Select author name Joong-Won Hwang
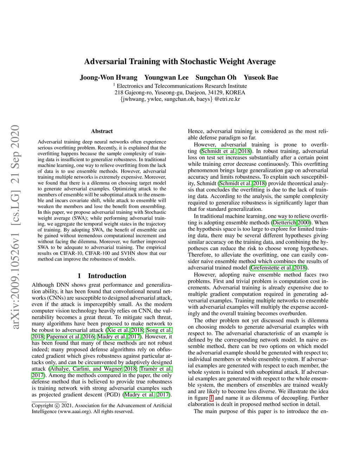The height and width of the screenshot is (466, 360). [108, 77]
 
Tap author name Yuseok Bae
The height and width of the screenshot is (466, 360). [261, 77]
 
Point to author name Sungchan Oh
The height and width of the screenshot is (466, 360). [216, 77]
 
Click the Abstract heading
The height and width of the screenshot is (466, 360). [102, 131]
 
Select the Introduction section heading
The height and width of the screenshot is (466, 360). [107, 276]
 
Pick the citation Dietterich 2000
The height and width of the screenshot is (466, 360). [291, 223]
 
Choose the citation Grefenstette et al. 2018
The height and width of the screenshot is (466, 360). [278, 268]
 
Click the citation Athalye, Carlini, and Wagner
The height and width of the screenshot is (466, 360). [86, 369]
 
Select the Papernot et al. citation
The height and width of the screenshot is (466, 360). [63, 337]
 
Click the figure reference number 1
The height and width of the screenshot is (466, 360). [211, 398]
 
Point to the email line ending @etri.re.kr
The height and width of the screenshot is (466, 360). [180, 99]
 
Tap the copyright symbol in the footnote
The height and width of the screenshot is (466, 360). [57, 406]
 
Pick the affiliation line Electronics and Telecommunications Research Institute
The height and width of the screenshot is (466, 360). [181, 86]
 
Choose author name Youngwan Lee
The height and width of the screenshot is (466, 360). [166, 77]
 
